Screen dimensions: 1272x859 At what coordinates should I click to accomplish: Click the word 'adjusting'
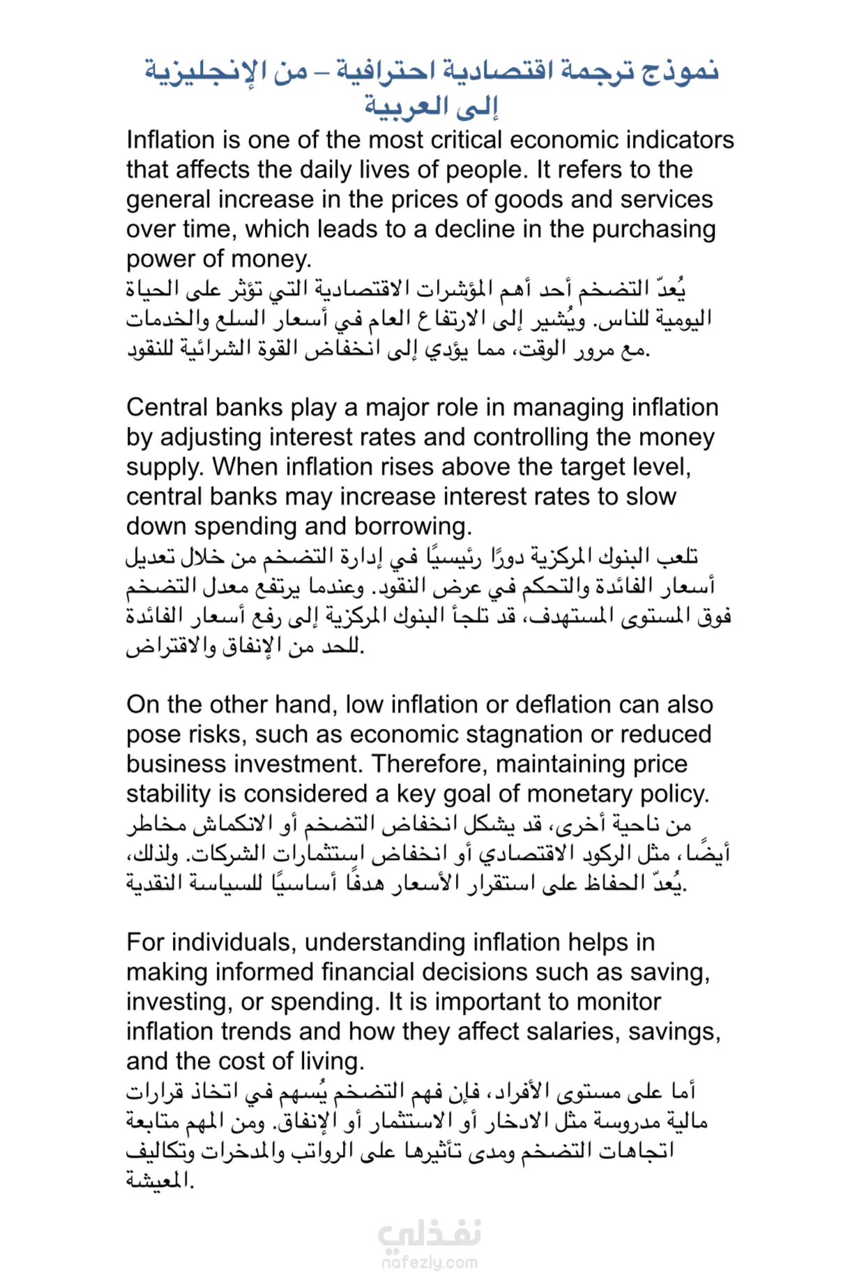[211, 437]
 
